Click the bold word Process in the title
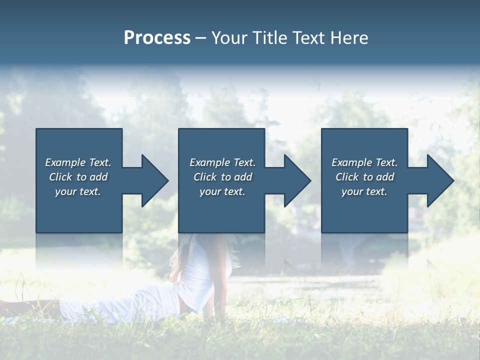pyautogui.click(x=157, y=38)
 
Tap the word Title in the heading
pyautogui.click(x=270, y=38)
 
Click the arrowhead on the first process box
pyautogui.click(x=153, y=180)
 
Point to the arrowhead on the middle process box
pyautogui.click(x=296, y=180)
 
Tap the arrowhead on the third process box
pyautogui.click(x=439, y=180)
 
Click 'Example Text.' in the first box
pyautogui.click(x=78, y=162)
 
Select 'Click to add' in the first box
pyautogui.click(x=78, y=177)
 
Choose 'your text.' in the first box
pyautogui.click(x=78, y=191)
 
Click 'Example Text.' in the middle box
pyautogui.click(x=222, y=162)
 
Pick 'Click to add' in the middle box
pyautogui.click(x=222, y=177)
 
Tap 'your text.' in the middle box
pyautogui.click(x=222, y=191)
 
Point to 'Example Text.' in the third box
pyautogui.click(x=364, y=162)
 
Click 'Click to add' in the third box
pyautogui.click(x=364, y=177)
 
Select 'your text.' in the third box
pyautogui.click(x=364, y=191)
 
